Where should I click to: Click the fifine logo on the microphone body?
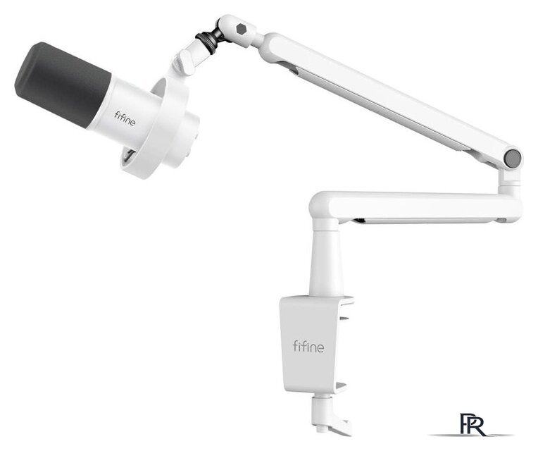(125, 118)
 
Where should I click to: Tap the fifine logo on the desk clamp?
(308, 346)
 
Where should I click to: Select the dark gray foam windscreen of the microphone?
(62, 84)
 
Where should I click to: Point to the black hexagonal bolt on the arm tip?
(242, 29)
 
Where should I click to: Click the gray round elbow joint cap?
(513, 159)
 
